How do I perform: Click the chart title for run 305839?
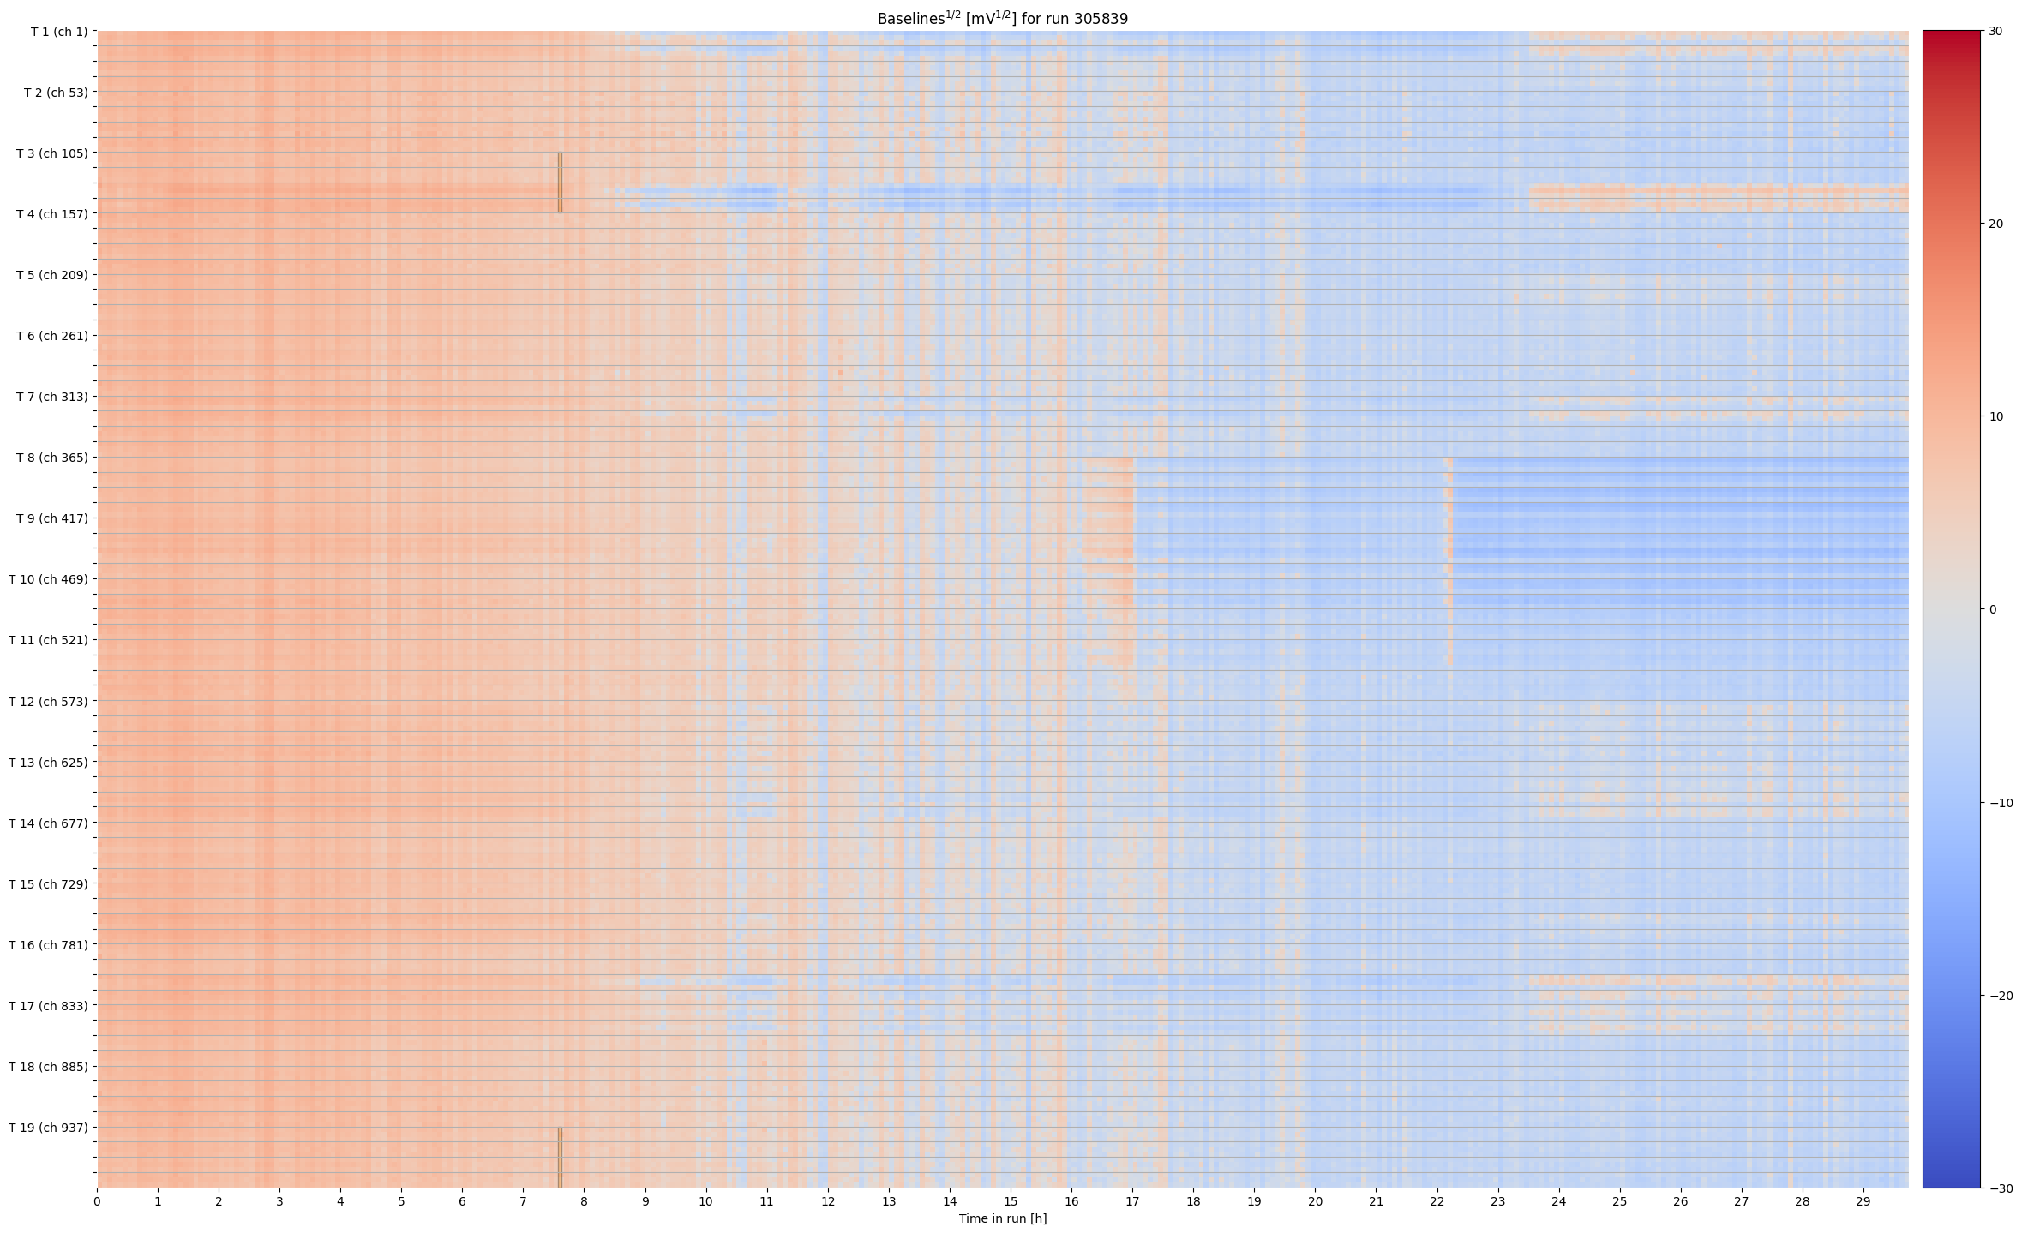pos(1002,18)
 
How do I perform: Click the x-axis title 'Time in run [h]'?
pos(1002,1218)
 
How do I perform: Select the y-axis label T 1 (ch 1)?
pos(59,32)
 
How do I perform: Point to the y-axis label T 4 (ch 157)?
pos(52,214)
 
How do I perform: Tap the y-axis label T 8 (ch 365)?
pos(52,458)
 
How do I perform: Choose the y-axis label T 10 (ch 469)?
pos(49,579)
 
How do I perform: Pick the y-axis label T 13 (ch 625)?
pos(49,763)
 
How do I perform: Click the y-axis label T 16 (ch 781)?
pos(49,945)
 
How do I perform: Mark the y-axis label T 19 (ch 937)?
pos(49,1128)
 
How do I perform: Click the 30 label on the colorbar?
pos(1995,32)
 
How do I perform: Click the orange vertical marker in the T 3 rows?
pos(560,183)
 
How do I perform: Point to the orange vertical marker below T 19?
pos(560,1157)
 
